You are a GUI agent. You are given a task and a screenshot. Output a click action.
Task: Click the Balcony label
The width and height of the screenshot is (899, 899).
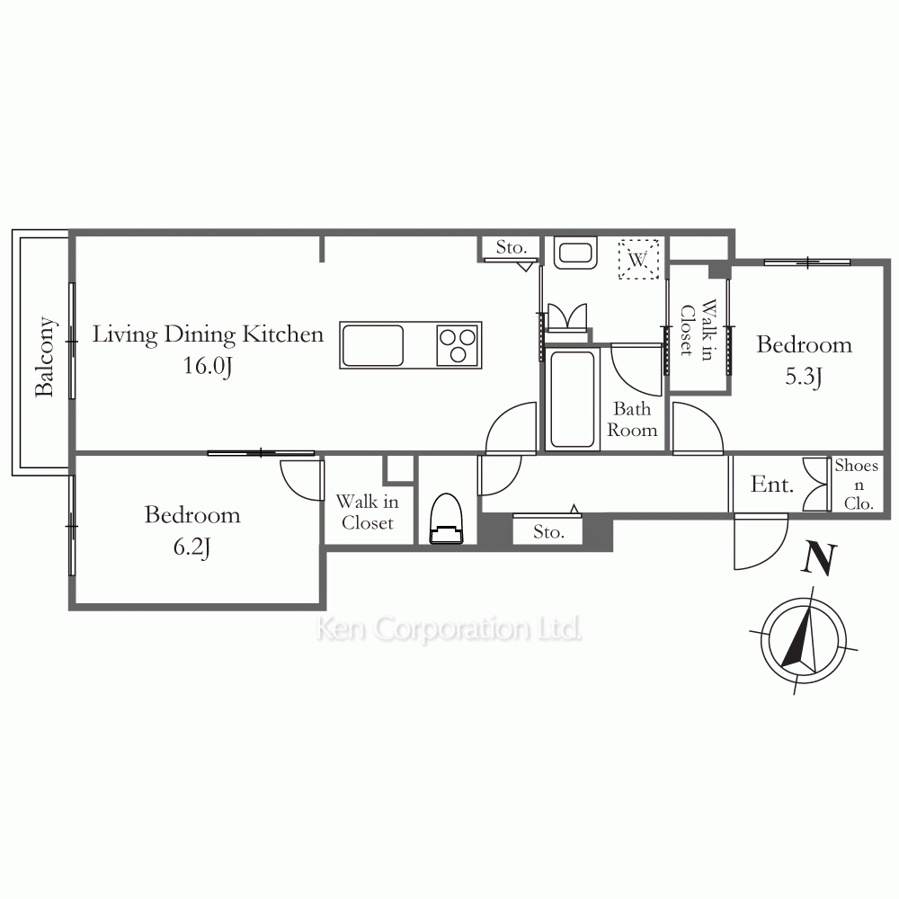point(44,357)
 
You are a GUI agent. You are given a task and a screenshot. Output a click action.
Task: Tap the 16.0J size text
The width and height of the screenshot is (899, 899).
point(208,366)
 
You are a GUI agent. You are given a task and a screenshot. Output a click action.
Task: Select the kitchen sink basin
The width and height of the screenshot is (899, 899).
point(372,345)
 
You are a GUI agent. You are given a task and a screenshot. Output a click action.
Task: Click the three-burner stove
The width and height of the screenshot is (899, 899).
point(458,346)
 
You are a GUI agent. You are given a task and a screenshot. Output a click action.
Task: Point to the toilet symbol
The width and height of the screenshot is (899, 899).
point(446,519)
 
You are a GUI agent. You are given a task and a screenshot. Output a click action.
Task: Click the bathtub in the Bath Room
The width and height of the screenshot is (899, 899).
point(572,400)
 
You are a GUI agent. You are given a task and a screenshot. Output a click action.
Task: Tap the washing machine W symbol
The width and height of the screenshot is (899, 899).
point(638,259)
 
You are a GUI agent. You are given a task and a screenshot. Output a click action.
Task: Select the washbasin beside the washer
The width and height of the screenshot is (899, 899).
point(575,254)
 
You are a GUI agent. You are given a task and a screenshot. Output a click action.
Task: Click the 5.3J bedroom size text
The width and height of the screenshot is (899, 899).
point(803,377)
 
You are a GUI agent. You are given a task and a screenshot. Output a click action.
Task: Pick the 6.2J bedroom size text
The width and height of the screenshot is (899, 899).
point(191,547)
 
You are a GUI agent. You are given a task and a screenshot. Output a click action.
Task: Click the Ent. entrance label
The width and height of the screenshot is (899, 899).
point(771,485)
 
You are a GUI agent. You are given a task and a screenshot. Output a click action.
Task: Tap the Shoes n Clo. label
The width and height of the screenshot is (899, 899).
point(857,485)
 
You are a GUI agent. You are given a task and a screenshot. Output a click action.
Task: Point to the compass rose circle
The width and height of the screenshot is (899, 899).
point(803,640)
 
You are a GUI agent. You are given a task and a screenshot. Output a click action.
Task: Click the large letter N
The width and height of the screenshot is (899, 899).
point(819,558)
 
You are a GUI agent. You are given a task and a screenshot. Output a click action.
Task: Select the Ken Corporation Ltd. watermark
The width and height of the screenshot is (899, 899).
point(449,629)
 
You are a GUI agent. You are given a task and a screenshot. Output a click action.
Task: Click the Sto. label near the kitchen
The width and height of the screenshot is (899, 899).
point(511,247)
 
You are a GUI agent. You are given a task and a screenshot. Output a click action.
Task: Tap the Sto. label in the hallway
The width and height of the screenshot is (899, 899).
point(548,532)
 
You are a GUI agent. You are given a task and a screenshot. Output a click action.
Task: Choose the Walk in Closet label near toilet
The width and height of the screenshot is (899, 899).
point(368,512)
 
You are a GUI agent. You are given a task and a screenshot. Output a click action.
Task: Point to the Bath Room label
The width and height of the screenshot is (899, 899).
point(632,419)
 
